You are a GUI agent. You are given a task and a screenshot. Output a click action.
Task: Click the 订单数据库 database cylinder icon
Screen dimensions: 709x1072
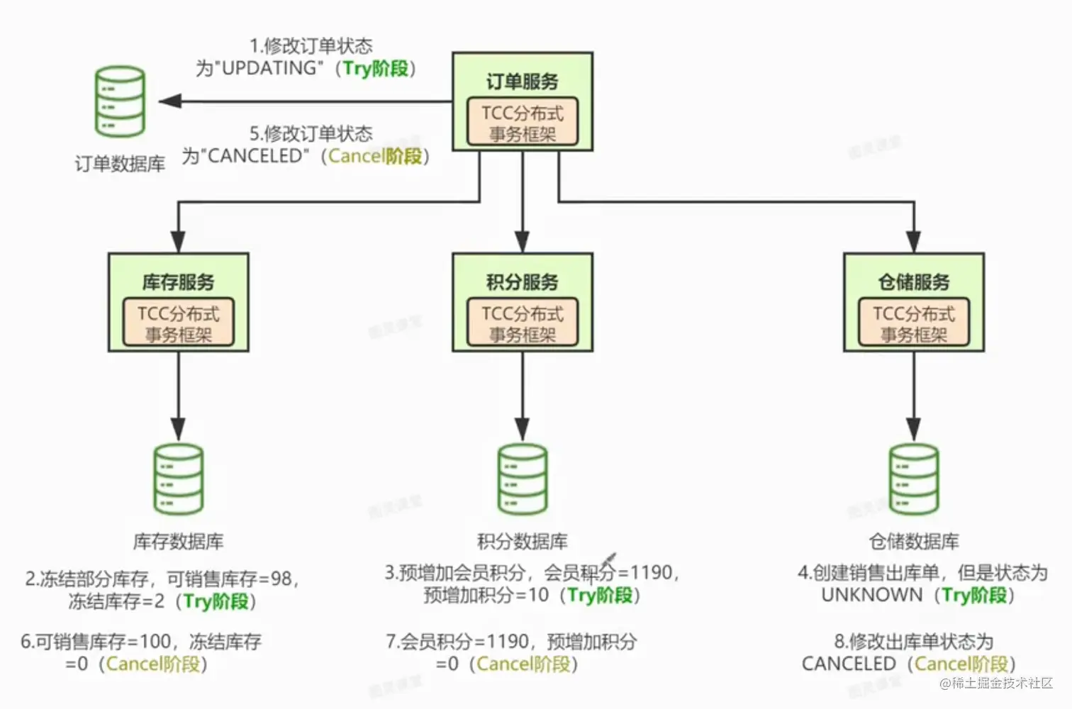pos(121,101)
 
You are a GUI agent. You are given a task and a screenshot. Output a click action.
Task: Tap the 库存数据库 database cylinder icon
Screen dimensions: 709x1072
pos(179,479)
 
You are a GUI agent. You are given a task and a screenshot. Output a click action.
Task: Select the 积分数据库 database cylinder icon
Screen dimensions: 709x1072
pos(523,479)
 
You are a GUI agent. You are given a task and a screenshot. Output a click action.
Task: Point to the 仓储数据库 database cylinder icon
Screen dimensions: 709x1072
pos(914,479)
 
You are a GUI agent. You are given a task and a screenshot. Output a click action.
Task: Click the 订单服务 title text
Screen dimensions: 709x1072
pos(523,82)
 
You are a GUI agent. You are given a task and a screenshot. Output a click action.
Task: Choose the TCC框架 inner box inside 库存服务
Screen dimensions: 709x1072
pos(179,323)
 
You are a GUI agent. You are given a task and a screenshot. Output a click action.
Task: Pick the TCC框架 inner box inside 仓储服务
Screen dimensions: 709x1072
pos(914,323)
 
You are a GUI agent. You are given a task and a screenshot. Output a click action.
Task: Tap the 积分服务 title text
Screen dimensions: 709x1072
pos(523,282)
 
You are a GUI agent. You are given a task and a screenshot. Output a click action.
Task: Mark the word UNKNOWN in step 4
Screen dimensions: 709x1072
pos(871,595)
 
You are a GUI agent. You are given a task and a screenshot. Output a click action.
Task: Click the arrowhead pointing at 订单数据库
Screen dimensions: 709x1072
pos(169,101)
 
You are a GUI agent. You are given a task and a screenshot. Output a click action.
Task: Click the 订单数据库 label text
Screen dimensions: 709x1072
pos(121,164)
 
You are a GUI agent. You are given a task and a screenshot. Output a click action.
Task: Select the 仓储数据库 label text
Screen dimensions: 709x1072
pos(914,542)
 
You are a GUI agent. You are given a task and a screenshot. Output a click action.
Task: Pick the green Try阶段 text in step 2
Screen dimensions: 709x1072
pos(216,602)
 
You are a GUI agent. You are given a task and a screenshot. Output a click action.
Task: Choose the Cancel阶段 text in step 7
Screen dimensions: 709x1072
pos(523,664)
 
